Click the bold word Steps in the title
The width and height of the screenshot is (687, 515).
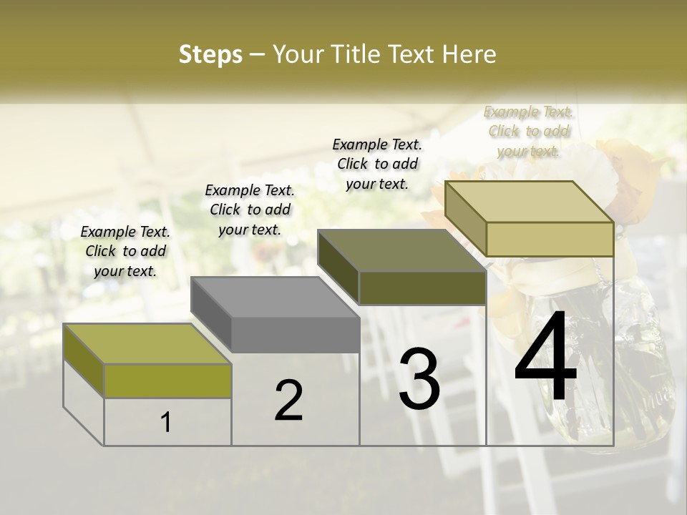pyautogui.click(x=210, y=54)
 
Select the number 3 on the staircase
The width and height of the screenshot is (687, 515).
pyautogui.click(x=419, y=379)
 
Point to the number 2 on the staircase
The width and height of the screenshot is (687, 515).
pyautogui.click(x=288, y=401)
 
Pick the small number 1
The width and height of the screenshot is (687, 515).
pyautogui.click(x=166, y=422)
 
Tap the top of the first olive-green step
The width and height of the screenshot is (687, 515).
pyautogui.click(x=147, y=343)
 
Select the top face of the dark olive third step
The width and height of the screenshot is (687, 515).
pyautogui.click(x=401, y=250)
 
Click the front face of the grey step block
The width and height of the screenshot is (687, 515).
pyautogui.click(x=296, y=335)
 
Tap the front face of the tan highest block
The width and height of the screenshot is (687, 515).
pyautogui.click(x=550, y=239)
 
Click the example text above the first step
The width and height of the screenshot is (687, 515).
pyautogui.click(x=125, y=251)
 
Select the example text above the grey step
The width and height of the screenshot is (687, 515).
pyautogui.click(x=250, y=210)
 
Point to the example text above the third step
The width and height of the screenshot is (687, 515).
pyautogui.click(x=377, y=164)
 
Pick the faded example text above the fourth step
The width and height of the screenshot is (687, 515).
pyautogui.click(x=528, y=131)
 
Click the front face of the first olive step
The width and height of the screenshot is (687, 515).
pyautogui.click(x=167, y=381)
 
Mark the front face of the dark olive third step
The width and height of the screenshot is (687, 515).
pyautogui.click(x=422, y=288)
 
